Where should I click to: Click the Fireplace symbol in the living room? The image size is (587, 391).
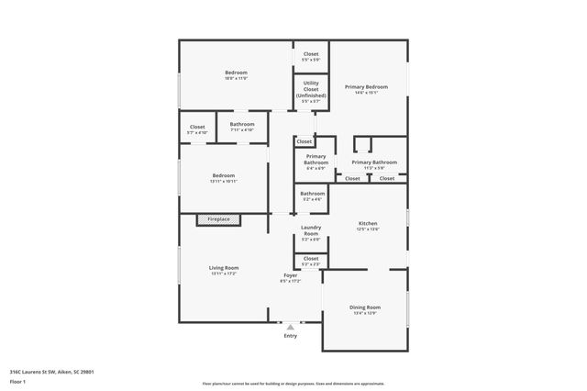(x=219, y=219)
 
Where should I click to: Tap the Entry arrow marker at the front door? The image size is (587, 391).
(x=291, y=326)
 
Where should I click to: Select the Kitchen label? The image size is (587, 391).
(x=367, y=225)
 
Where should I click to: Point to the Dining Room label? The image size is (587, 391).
(x=364, y=307)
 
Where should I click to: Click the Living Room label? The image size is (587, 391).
(x=224, y=268)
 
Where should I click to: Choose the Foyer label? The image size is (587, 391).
(x=291, y=275)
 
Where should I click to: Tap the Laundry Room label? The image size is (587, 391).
(x=311, y=234)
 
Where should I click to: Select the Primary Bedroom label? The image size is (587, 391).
(x=366, y=87)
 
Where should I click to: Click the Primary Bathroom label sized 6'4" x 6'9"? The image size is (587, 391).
(x=317, y=162)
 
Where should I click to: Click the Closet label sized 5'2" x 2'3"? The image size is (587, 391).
(x=311, y=260)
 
